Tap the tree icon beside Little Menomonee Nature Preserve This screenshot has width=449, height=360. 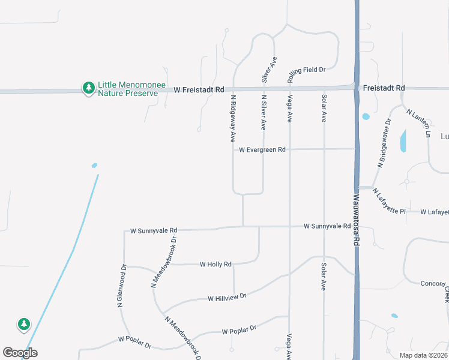[x=89, y=88]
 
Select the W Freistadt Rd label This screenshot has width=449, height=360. [x=199, y=89]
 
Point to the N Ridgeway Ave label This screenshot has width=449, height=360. [x=232, y=119]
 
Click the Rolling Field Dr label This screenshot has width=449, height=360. [x=306, y=70]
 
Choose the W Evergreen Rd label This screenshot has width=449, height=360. [x=262, y=149]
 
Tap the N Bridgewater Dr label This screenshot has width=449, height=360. [x=384, y=142]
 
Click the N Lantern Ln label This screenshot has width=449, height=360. [x=418, y=123]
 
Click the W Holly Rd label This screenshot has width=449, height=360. [x=215, y=264]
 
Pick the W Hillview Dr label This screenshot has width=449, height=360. [x=227, y=298]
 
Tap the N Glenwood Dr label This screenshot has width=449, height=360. [x=122, y=286]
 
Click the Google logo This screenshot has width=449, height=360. [x=20, y=353]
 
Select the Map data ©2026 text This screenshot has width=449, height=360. [x=423, y=355]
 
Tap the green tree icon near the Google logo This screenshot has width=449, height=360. [x=24, y=325]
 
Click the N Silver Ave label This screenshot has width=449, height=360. [x=263, y=112]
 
